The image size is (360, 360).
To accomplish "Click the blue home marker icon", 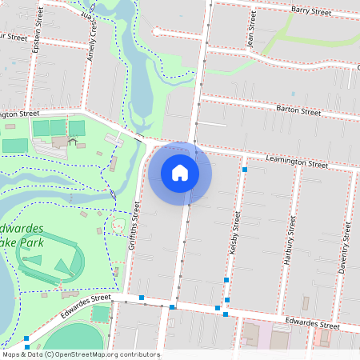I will (180, 172).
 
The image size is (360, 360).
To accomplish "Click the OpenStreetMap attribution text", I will (81, 354).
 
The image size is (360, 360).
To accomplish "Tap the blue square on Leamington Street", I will (245, 170).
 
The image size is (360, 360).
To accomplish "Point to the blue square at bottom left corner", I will (26, 338).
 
